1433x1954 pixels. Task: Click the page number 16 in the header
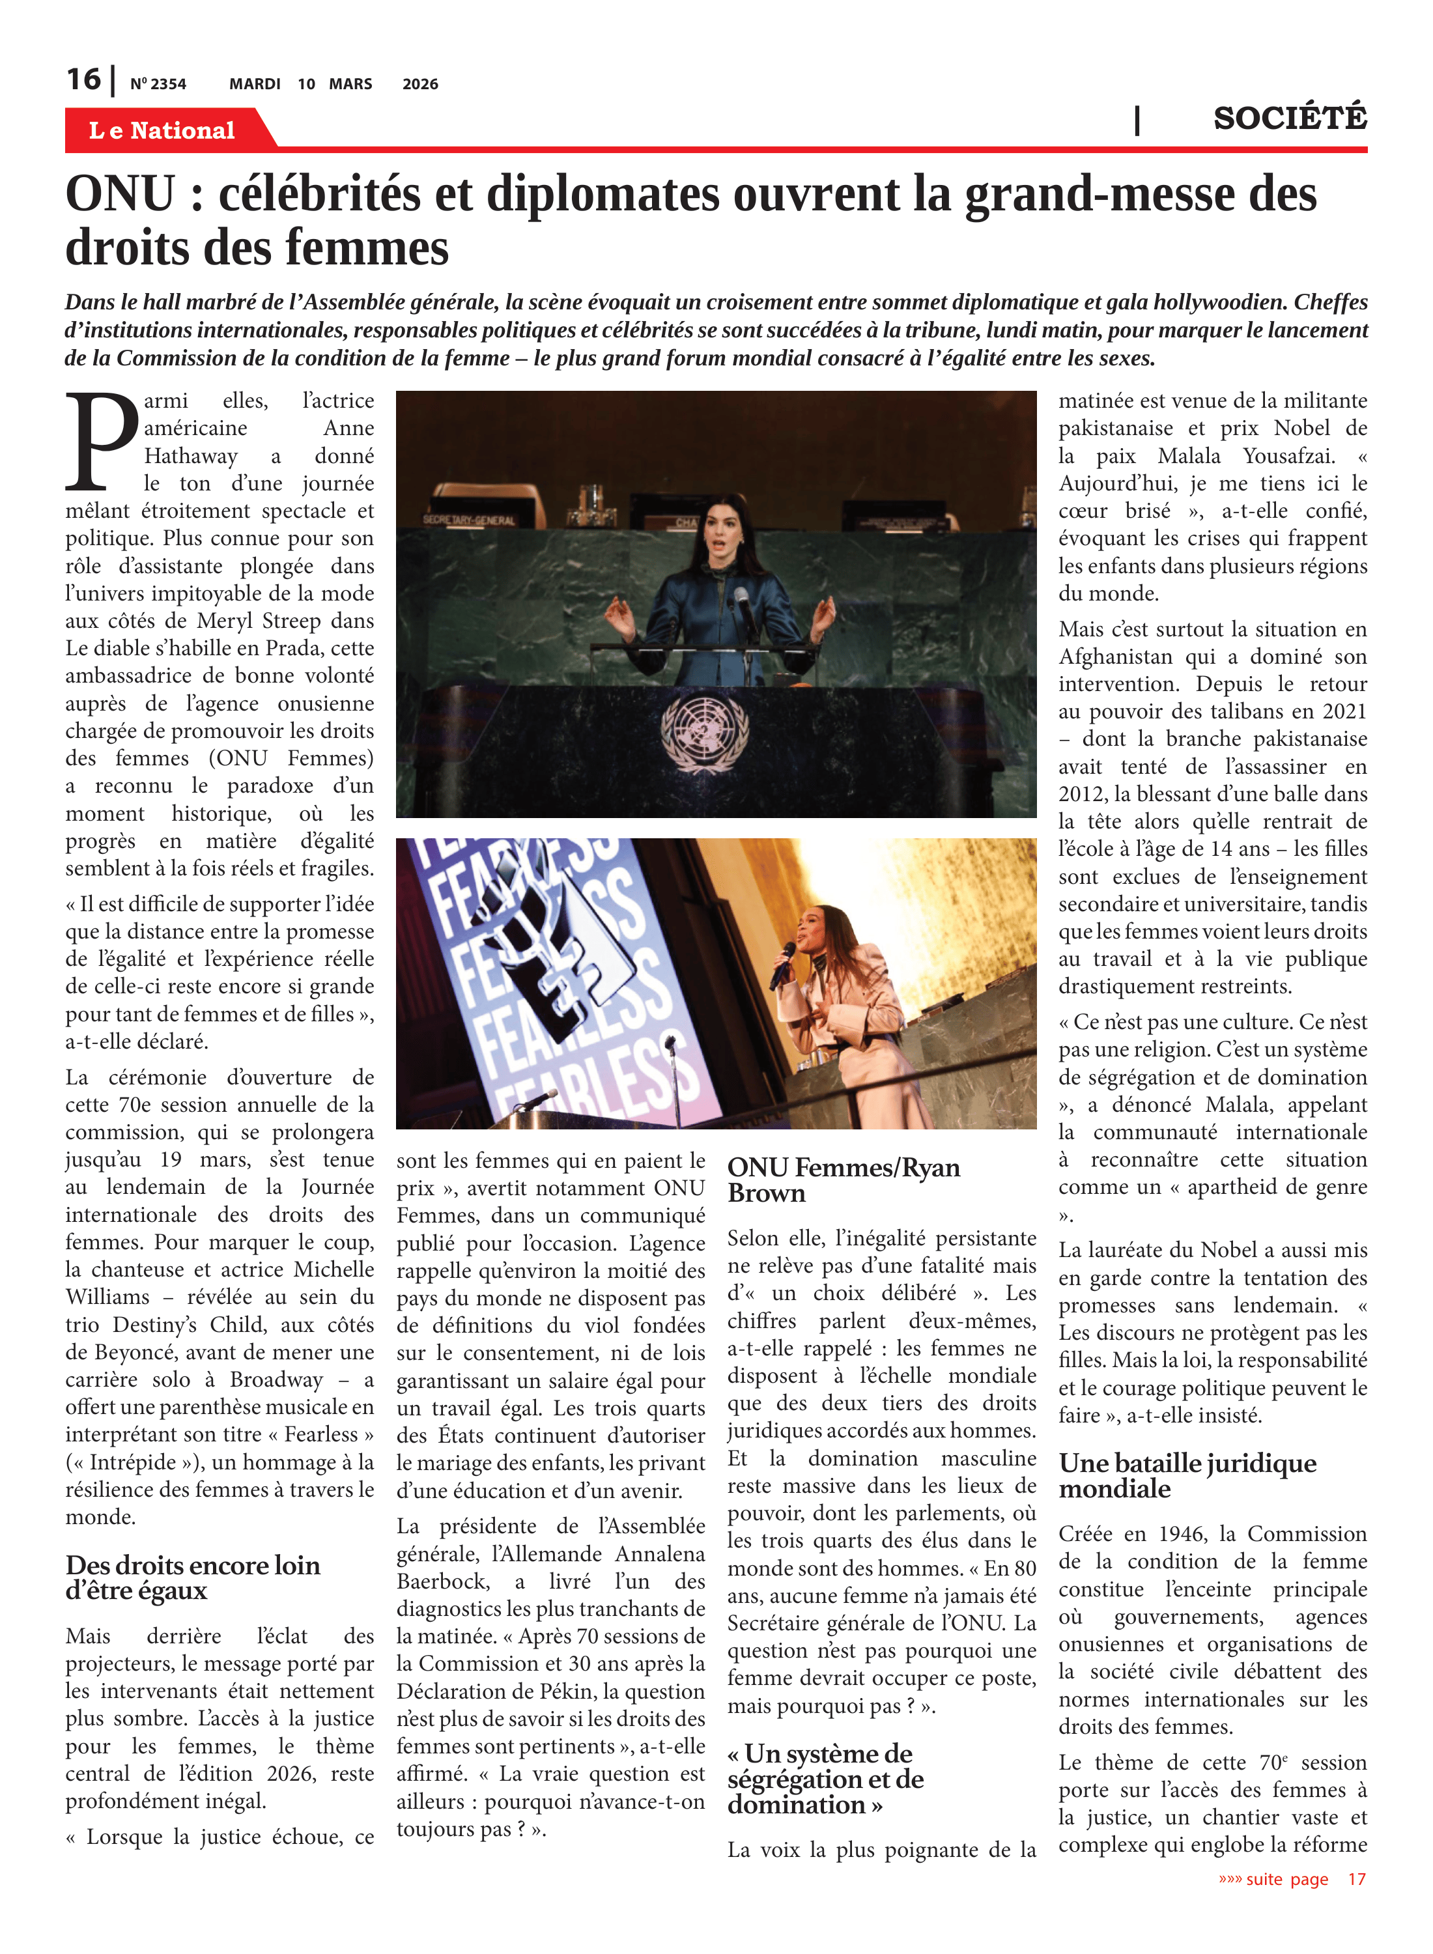[x=83, y=80]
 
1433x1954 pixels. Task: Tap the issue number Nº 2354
[x=158, y=84]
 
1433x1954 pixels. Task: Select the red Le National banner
[x=162, y=130]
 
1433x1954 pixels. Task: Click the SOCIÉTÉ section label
[x=1289, y=118]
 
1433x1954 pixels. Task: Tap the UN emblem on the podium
[x=703, y=732]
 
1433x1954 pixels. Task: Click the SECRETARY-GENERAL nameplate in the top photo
[x=468, y=520]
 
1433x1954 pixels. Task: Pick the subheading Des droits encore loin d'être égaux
[x=193, y=1577]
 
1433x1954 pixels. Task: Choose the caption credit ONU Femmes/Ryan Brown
[x=843, y=1180]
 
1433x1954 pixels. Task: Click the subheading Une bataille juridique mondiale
[x=1187, y=1475]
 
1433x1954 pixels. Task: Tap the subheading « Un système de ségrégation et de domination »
[x=825, y=1779]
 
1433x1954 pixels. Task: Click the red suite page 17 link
[x=1292, y=1878]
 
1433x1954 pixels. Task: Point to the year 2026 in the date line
[x=420, y=84]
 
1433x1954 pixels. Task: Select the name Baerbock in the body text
[x=442, y=1581]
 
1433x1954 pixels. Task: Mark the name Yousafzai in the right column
[x=1288, y=455]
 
